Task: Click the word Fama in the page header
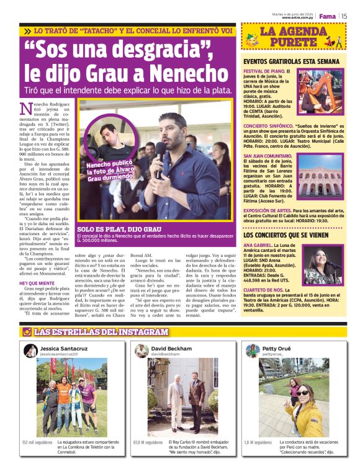(x=327, y=16)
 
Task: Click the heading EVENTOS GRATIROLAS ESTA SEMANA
(x=291, y=62)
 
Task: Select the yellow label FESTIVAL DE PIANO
(x=264, y=72)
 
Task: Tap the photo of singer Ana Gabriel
(x=323, y=264)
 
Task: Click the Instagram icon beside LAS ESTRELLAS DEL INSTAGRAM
(x=27, y=332)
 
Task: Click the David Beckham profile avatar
(x=142, y=351)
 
